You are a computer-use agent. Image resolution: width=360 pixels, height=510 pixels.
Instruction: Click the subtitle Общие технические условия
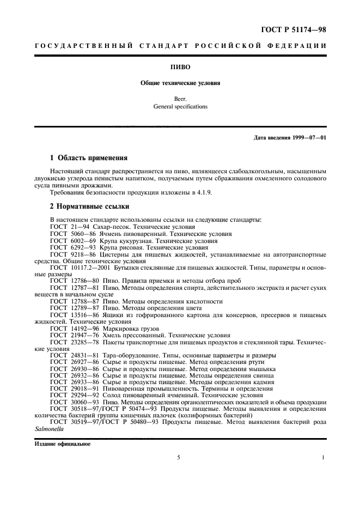179,84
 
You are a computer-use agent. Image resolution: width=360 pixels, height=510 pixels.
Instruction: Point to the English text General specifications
179,107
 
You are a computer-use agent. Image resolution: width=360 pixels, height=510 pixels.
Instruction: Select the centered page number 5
178,458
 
